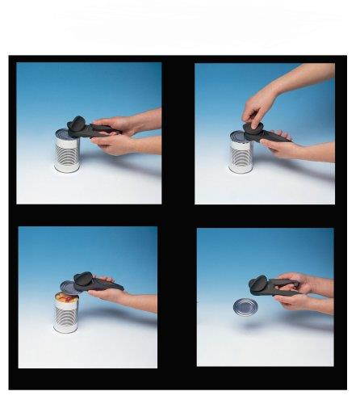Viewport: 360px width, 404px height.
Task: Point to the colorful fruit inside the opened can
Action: click(x=65, y=298)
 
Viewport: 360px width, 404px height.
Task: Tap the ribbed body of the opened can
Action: click(x=65, y=318)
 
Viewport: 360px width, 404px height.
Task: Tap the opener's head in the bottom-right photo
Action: click(x=260, y=284)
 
